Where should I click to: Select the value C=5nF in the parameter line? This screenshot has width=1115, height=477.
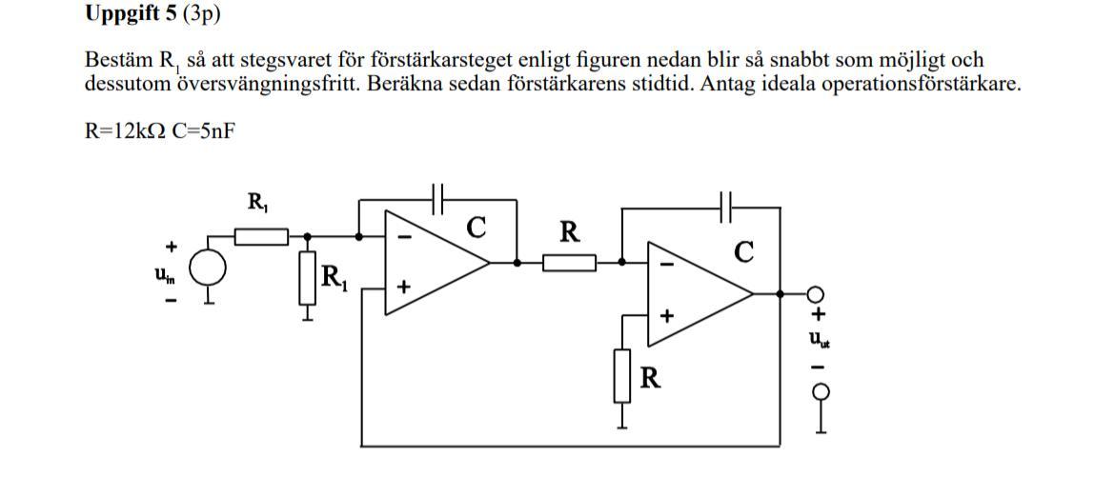point(199,131)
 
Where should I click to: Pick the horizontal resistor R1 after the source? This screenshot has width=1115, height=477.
point(260,235)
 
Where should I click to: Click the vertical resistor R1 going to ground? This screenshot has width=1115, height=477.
point(307,277)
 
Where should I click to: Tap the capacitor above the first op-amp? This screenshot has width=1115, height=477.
point(438,199)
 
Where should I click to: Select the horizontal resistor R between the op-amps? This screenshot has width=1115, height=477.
point(569,262)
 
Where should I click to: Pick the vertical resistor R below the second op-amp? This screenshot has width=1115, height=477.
point(623,376)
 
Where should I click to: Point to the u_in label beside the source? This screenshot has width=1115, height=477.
point(163,273)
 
